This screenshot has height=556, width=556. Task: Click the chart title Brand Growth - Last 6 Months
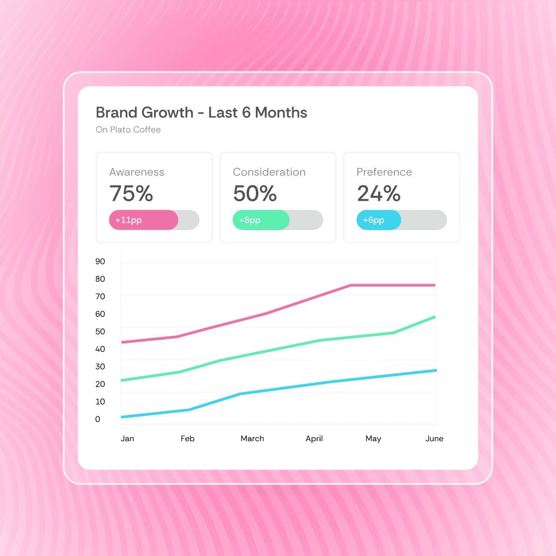click(x=201, y=113)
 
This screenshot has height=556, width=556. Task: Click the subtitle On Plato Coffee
click(x=128, y=130)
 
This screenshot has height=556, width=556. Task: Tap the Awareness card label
click(x=137, y=172)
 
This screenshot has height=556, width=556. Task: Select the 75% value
click(x=131, y=193)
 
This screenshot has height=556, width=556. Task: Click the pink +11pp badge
click(x=144, y=220)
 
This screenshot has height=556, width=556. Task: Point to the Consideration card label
click(x=269, y=172)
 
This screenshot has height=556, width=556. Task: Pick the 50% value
click(x=254, y=193)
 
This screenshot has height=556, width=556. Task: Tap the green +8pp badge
click(x=261, y=220)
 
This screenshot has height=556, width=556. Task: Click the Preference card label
click(x=384, y=172)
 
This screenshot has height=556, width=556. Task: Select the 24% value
click(x=379, y=193)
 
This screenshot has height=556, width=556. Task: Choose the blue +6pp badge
click(x=379, y=220)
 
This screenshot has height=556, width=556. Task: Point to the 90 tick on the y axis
click(x=100, y=261)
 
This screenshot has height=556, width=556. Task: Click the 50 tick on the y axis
click(x=100, y=331)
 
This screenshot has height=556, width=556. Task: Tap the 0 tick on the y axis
click(x=97, y=419)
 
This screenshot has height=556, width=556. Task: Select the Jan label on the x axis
click(x=127, y=439)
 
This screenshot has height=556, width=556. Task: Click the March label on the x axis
click(x=252, y=439)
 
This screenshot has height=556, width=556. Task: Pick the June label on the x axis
click(x=434, y=439)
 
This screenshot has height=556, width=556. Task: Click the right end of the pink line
click(x=435, y=285)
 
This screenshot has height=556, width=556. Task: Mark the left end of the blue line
click(x=122, y=417)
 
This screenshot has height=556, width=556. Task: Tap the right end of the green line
click(x=435, y=317)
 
